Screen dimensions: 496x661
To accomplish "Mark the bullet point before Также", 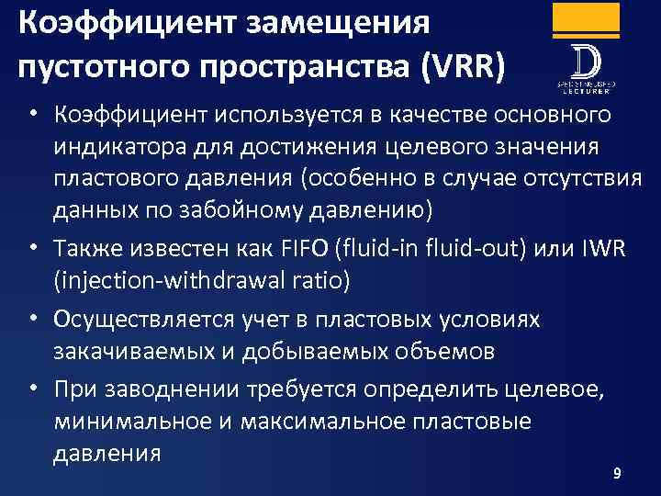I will coord(32,246).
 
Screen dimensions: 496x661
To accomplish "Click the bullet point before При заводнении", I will coord(32,389).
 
